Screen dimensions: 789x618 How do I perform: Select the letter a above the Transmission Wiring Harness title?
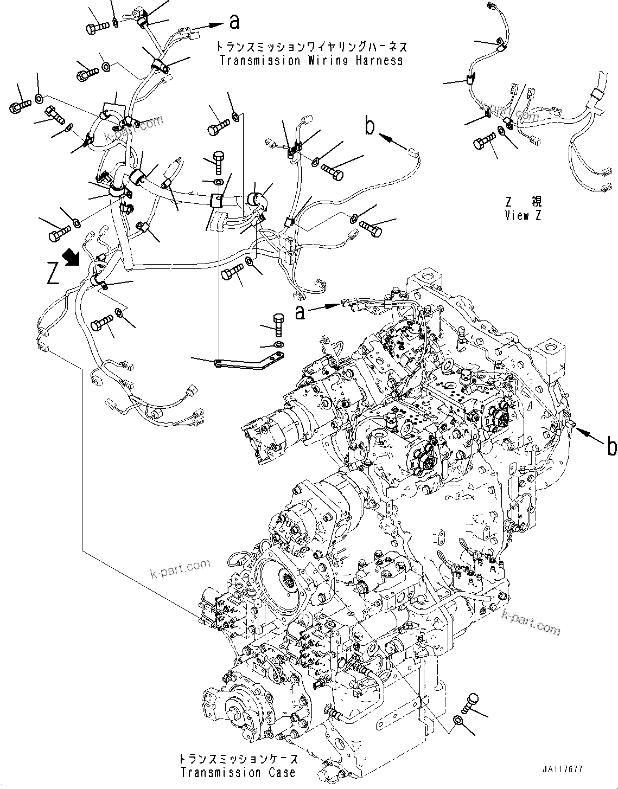[x=234, y=22]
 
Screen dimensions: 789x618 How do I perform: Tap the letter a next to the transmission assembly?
[x=300, y=311]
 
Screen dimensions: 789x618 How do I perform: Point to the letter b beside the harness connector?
[x=369, y=127]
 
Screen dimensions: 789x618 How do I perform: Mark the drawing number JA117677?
[x=562, y=784]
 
